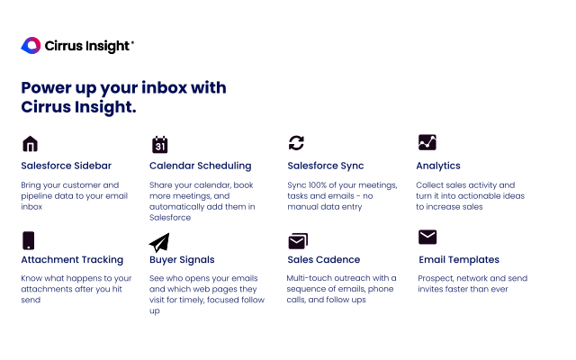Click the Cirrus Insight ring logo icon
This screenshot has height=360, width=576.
31,45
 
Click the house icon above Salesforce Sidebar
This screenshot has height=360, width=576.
30,144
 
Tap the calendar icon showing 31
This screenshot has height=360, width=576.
159,144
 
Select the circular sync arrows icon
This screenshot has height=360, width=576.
296,143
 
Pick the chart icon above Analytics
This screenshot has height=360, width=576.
427,142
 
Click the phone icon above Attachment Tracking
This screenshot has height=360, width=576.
29,240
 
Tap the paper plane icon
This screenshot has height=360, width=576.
159,242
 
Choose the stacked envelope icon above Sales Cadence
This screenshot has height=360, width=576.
298,240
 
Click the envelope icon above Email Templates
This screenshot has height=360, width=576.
427,238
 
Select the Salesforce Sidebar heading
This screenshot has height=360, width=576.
66,166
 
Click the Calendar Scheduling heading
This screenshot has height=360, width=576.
200,166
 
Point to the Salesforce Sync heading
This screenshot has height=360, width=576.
325,166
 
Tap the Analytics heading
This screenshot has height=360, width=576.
438,166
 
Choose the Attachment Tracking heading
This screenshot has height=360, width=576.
72,260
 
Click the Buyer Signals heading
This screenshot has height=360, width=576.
183,260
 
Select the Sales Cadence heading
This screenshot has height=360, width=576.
323,260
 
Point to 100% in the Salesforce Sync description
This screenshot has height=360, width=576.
321,184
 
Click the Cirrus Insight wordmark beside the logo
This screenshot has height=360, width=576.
88,46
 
